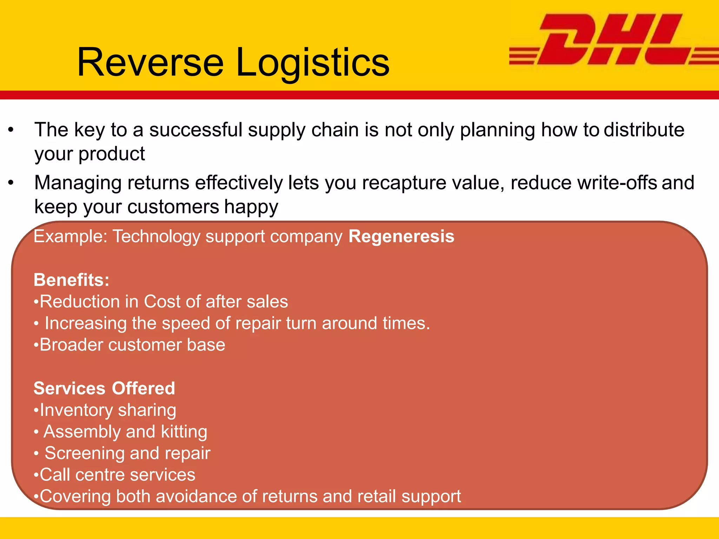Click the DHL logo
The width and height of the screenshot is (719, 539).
coord(613,39)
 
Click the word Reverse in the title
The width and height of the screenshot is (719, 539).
coord(150,62)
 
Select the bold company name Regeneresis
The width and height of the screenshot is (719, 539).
coord(401,236)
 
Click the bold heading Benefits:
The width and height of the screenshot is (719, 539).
coord(72,280)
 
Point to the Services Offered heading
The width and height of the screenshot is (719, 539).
coord(104,388)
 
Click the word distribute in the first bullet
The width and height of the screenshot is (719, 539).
coord(644,129)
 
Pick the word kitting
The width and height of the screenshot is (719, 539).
coord(184,432)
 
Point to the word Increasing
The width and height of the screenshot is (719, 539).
coord(85,323)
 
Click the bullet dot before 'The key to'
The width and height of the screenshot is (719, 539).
coord(11,130)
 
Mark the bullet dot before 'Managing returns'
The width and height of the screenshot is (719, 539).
coord(11,183)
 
